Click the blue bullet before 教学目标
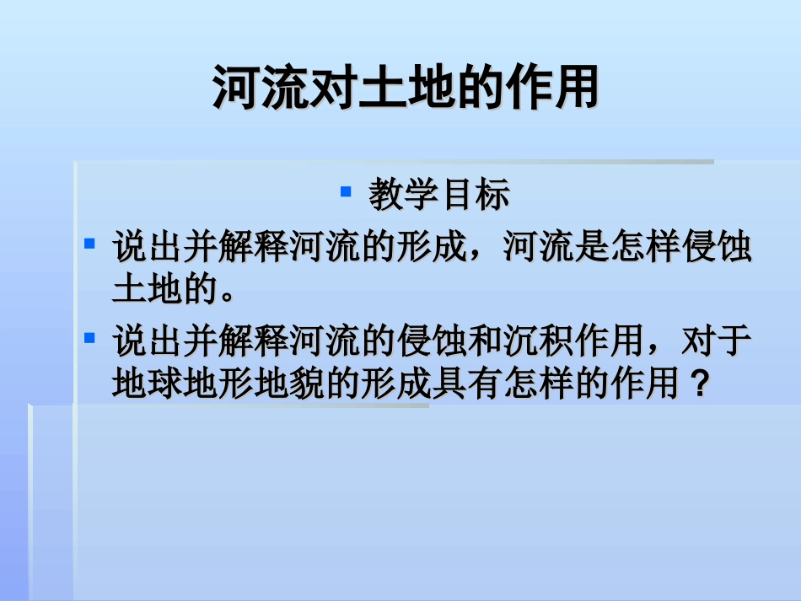[346, 191]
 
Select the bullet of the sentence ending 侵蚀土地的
[90, 244]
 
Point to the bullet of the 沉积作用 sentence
[90, 337]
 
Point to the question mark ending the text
[697, 384]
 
